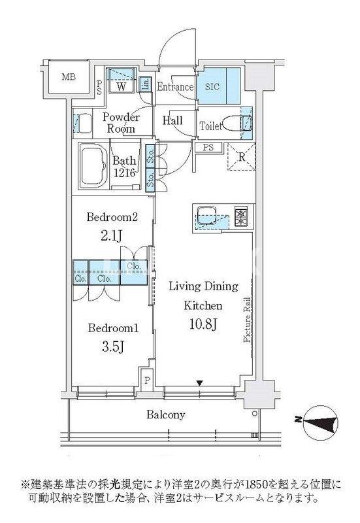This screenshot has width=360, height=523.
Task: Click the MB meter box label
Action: point(69,77)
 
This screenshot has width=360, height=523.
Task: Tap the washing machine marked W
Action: point(122,80)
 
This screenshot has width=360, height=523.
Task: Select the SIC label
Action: point(212,87)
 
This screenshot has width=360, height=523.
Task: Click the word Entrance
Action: point(175,87)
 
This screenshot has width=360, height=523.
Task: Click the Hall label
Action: point(172,120)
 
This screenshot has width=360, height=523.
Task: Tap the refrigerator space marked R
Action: point(242,157)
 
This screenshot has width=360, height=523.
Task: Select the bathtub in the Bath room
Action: point(93,166)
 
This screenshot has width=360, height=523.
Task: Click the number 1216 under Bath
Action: point(124,173)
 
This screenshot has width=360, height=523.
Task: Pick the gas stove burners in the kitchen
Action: point(241,217)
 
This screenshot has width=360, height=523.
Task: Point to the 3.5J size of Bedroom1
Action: point(113,347)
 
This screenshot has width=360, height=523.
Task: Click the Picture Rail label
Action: point(247,320)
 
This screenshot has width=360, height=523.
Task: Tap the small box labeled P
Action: point(146,380)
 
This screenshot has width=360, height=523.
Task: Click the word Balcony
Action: point(166,414)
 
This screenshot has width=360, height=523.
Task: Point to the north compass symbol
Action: point(320,422)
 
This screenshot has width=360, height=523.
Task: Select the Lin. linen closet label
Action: point(145,85)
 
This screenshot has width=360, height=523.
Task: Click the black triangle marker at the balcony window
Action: point(199,383)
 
